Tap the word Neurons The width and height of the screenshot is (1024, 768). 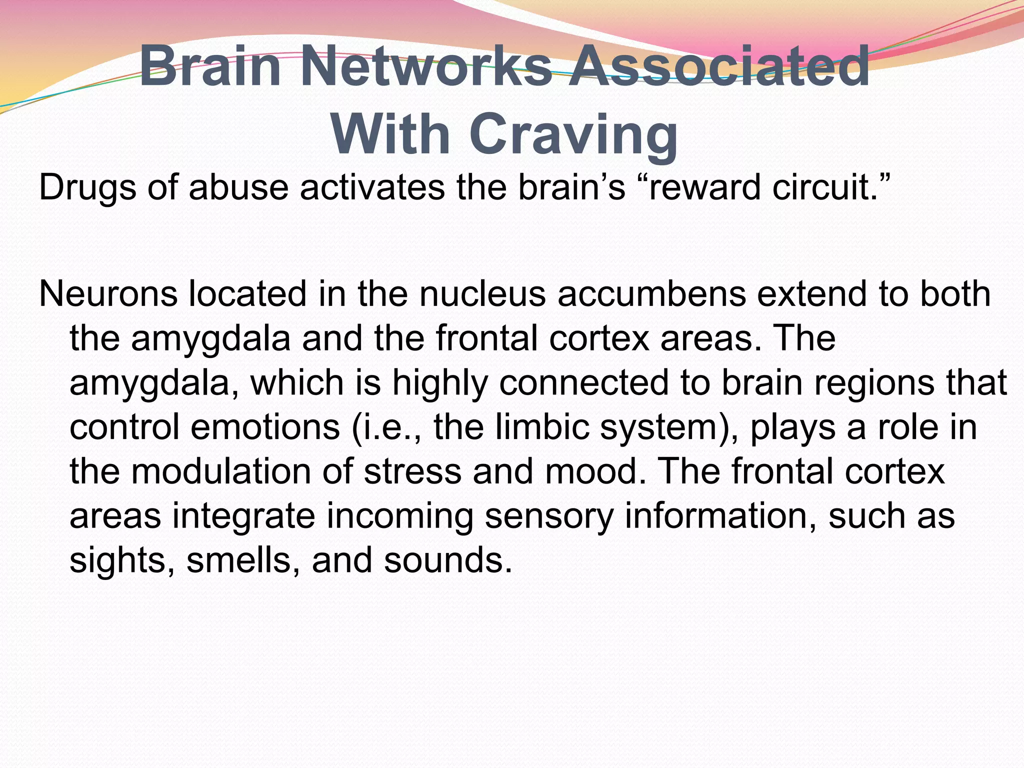point(108,294)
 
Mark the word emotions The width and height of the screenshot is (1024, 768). point(265,428)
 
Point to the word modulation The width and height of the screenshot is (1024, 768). point(220,472)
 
